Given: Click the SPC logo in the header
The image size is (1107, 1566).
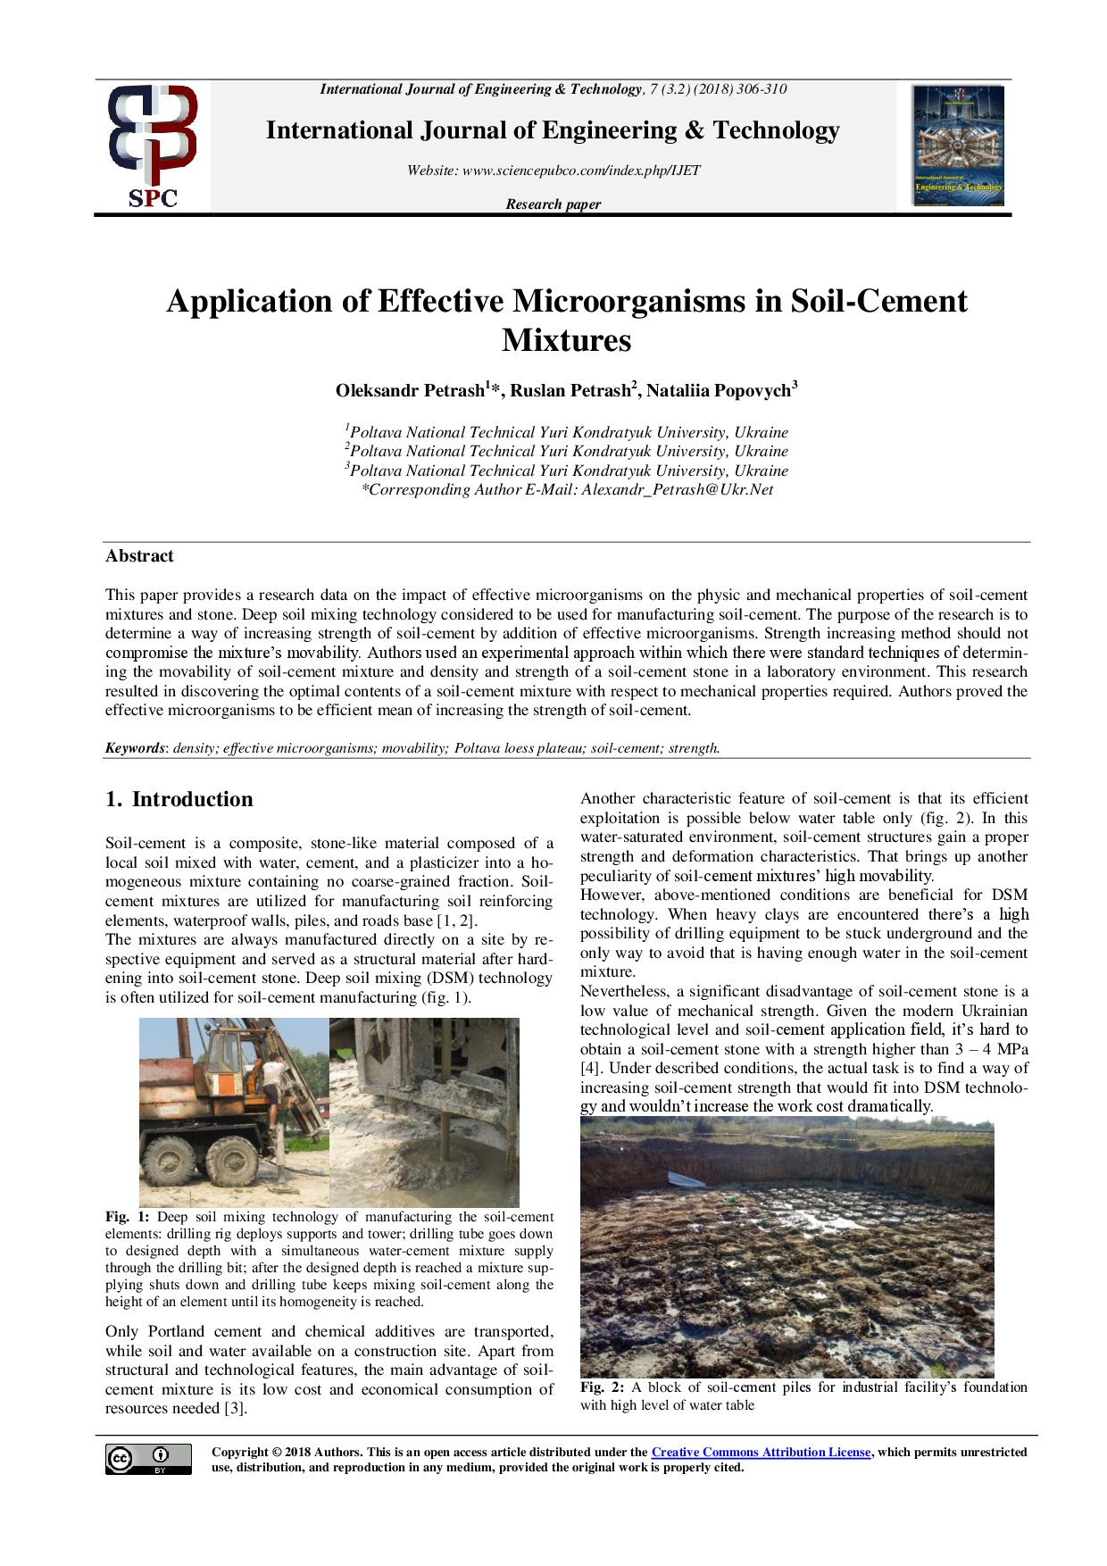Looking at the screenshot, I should tap(153, 146).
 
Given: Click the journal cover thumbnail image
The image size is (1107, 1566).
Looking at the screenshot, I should tap(958, 146).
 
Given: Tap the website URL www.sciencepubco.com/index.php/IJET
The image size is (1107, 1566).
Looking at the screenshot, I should tap(581, 171).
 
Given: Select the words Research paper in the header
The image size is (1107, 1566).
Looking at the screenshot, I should tap(553, 204).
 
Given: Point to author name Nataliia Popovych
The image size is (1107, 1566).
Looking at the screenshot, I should tap(720, 391).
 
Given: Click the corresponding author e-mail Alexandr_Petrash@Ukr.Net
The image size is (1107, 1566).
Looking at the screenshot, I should tap(678, 489).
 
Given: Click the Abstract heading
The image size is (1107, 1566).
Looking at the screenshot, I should tap(139, 556).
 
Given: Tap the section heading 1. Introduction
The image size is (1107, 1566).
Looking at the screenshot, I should tap(179, 799).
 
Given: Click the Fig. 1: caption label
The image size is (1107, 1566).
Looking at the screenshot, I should tap(127, 1217).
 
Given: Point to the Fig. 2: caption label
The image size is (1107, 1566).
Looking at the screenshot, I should tap(602, 1387).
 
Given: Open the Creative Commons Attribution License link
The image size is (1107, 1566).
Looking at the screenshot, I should tap(761, 1453).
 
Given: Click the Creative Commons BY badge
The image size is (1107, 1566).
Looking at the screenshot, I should tap(148, 1459).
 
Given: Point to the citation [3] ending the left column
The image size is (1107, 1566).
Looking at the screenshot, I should tap(235, 1409).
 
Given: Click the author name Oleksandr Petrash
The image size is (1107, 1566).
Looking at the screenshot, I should tap(410, 391).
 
